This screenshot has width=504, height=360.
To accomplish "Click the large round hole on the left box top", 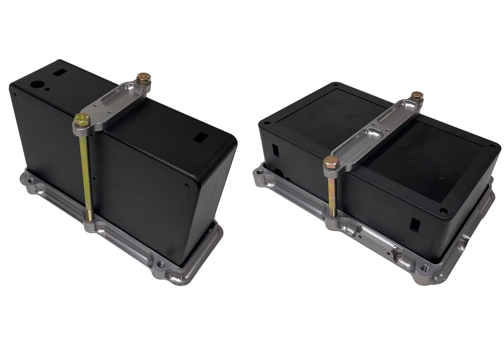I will [37, 84].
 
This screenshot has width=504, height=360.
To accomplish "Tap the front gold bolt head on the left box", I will [82, 120].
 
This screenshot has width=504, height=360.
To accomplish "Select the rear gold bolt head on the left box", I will [143, 78].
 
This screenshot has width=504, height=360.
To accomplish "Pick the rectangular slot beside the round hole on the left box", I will [59, 73].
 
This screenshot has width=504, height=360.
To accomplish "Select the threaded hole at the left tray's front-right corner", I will [160, 264].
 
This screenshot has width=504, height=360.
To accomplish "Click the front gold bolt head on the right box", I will [331, 161].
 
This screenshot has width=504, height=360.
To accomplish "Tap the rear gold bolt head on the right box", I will [417, 96].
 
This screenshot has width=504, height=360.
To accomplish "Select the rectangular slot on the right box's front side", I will [414, 224].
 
